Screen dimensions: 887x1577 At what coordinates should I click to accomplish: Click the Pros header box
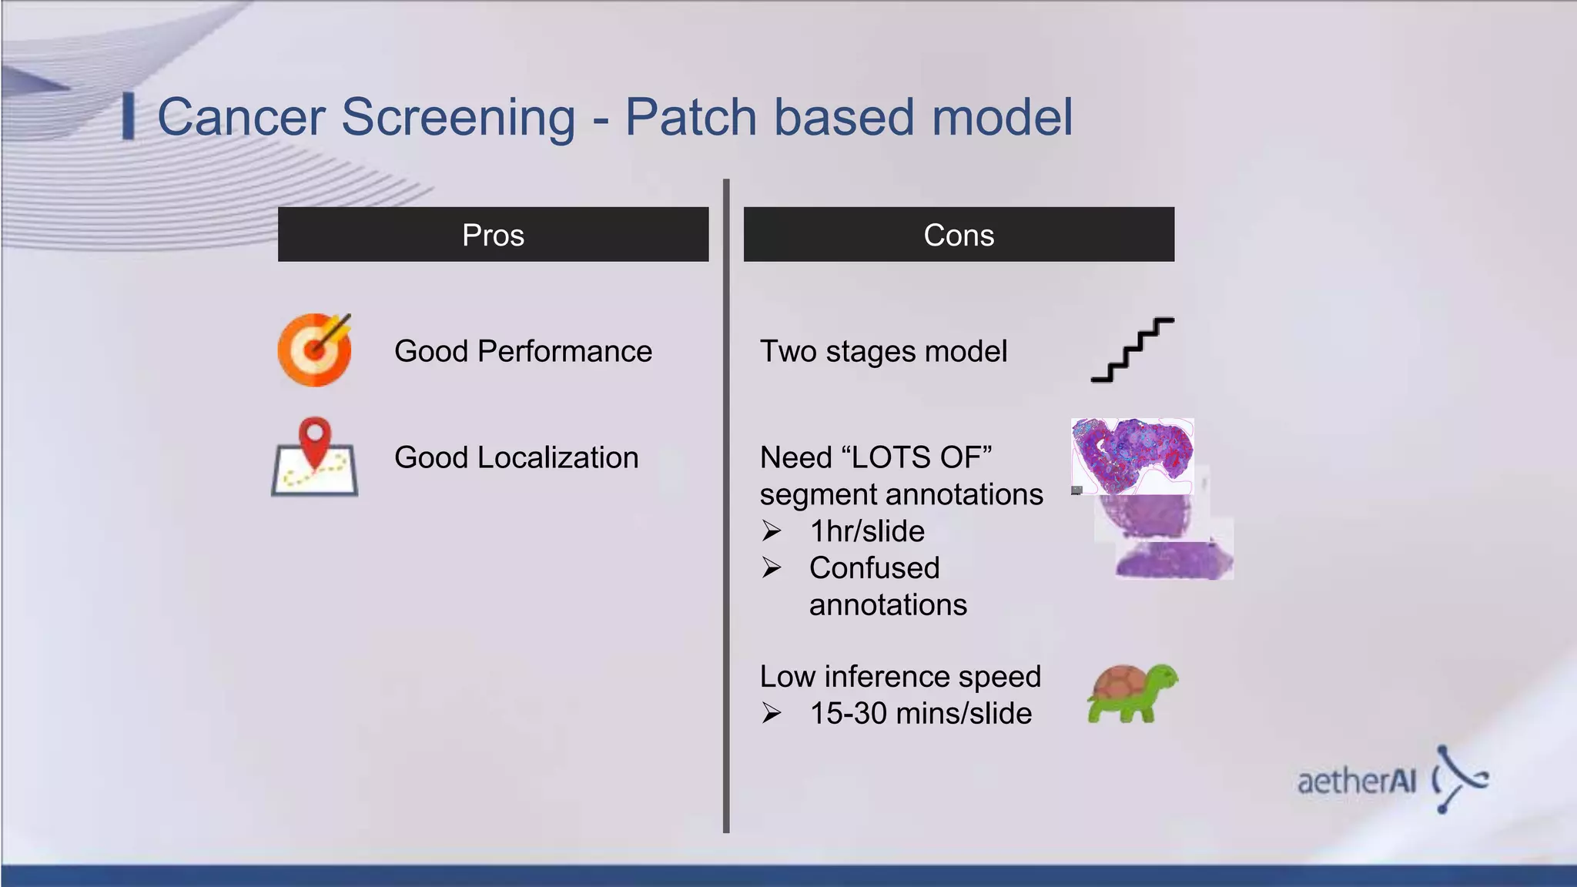pos(493,234)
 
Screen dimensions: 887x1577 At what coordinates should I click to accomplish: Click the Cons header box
pos(959,234)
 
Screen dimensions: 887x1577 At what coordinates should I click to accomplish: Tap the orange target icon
pos(314,350)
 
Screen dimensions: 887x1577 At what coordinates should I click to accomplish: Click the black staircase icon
pos(1132,350)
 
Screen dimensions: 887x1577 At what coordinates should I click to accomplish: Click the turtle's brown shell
pos(1117,682)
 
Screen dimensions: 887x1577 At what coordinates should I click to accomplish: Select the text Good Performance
pos(523,351)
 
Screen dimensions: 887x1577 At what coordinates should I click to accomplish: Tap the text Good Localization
pos(516,457)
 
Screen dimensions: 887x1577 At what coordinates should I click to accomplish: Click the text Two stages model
pos(883,351)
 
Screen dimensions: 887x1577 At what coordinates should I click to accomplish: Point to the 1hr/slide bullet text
pos(867,531)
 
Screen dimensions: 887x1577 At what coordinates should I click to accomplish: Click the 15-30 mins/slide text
pos(920,713)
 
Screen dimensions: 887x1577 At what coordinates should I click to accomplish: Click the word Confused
pos(874,568)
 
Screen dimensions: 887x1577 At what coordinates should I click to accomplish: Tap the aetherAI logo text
pos(1357,782)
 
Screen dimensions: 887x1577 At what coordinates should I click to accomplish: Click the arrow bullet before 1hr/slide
pos(772,531)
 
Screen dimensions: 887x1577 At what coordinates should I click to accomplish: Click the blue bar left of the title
pos(129,117)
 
